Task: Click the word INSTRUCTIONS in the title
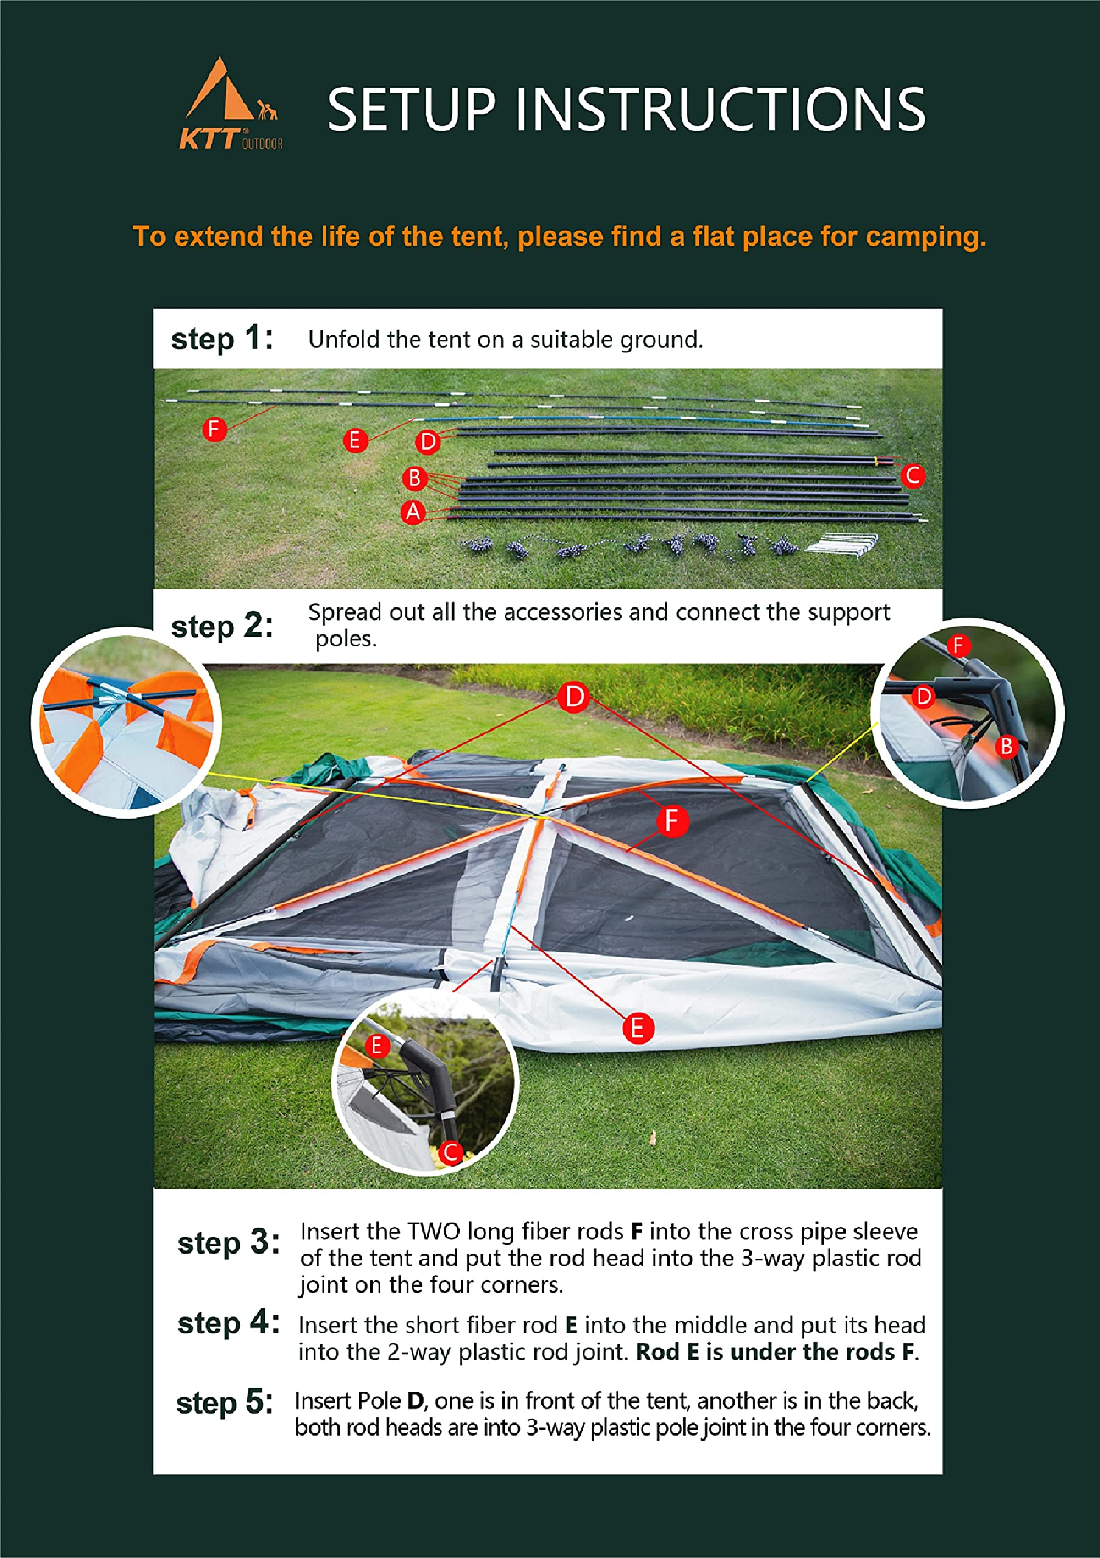tap(720, 110)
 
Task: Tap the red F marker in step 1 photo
tap(214, 429)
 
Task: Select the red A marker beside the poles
tap(413, 512)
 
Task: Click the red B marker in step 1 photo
tap(415, 478)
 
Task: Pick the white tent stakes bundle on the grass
tap(842, 544)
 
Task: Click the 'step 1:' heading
tap(222, 338)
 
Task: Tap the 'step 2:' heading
tap(222, 626)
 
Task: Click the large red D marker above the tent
tap(574, 697)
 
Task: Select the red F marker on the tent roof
tap(672, 821)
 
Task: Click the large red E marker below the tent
tap(638, 1028)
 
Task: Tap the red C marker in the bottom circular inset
tap(450, 1151)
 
